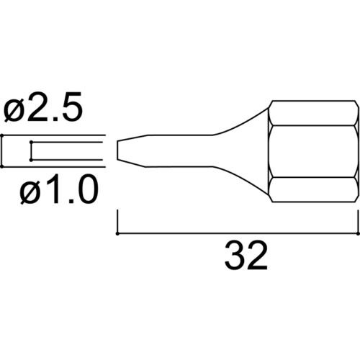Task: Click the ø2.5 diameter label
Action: [43, 107]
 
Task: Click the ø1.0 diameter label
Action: [59, 189]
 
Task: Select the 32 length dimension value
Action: [246, 256]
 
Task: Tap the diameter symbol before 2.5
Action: [14, 110]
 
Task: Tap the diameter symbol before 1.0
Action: [30, 192]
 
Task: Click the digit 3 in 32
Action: [235, 256]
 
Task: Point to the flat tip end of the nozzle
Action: [117, 150]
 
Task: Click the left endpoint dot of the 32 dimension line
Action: [117, 233]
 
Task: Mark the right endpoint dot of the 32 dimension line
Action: [359, 233]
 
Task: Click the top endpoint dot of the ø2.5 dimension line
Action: [2, 135]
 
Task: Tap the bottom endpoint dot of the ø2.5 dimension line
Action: [2, 166]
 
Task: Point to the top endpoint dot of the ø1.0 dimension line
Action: [31, 142]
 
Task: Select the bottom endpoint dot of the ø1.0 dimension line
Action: [31, 160]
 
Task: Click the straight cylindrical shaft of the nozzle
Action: [179, 150]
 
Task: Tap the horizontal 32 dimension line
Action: [238, 233]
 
